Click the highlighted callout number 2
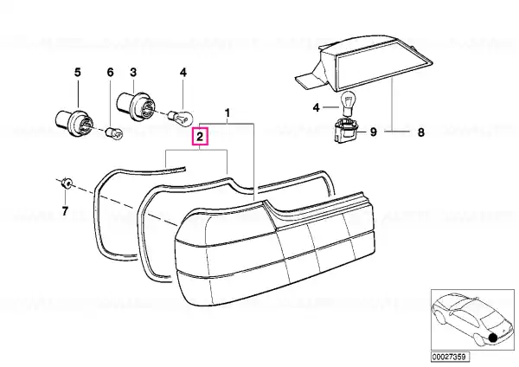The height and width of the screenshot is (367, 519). (x=200, y=137)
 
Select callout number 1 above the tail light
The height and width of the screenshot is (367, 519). (x=227, y=113)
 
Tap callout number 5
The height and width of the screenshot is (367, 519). (x=78, y=72)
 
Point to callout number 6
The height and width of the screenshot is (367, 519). (x=110, y=72)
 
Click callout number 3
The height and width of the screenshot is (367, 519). (x=133, y=72)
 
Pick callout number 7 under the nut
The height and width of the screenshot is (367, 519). (x=65, y=210)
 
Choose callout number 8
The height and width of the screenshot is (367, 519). (x=420, y=132)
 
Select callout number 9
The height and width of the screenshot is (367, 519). (x=374, y=132)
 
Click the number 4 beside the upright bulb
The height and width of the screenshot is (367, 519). (x=317, y=107)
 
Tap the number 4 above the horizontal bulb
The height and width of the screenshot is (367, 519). (x=183, y=72)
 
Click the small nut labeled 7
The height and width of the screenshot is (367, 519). (x=67, y=182)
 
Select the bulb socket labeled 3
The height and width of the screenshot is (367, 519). (x=136, y=102)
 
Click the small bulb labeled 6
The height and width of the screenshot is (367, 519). (x=114, y=132)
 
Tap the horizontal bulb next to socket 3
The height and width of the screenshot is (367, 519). (x=181, y=117)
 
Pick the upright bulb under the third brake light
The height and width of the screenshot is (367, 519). (x=348, y=105)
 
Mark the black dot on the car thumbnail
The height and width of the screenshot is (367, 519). (x=493, y=338)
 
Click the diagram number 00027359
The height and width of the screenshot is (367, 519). (x=450, y=357)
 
